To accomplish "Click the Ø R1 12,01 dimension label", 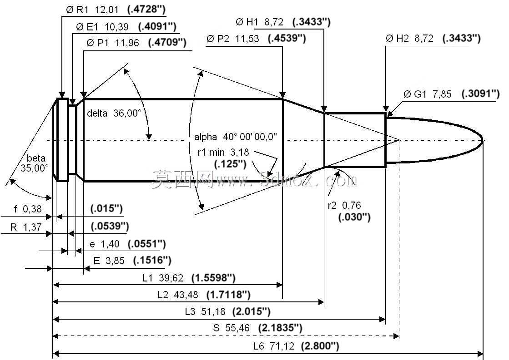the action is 92,10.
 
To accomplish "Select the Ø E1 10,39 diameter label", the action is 102,27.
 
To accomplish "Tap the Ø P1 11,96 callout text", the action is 113,43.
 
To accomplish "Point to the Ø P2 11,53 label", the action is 233,39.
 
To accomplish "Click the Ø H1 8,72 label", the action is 259,22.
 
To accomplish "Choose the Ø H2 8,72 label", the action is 409,39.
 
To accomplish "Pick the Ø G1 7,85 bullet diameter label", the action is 427,94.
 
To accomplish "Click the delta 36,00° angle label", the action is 114,113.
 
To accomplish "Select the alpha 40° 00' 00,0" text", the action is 235,137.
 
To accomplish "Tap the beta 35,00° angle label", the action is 35,163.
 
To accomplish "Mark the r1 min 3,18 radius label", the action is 223,152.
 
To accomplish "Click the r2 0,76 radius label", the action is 344,206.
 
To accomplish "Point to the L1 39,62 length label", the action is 163,278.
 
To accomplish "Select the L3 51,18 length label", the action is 205,312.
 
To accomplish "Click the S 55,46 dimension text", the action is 231,328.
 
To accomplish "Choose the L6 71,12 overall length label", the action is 274,346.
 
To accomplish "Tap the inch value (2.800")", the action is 320,346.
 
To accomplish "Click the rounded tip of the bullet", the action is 482,140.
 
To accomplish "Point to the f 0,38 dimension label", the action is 28,209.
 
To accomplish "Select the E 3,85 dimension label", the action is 109,261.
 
